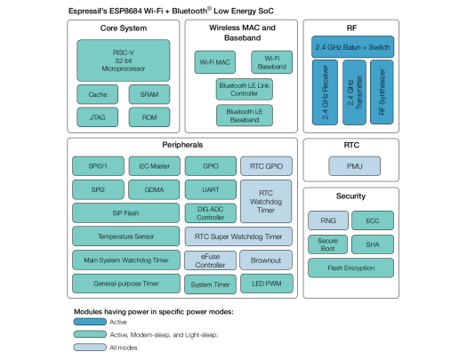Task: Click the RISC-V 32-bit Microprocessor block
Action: coord(124,59)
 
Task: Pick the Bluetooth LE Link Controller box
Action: coord(243,89)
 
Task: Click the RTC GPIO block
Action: coord(265,166)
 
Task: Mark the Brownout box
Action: coord(265,260)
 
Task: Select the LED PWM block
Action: coord(265,284)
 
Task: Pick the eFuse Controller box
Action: coord(211,260)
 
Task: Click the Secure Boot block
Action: coord(326,243)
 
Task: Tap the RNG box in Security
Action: coord(326,220)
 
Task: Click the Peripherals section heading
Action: coord(183,144)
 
